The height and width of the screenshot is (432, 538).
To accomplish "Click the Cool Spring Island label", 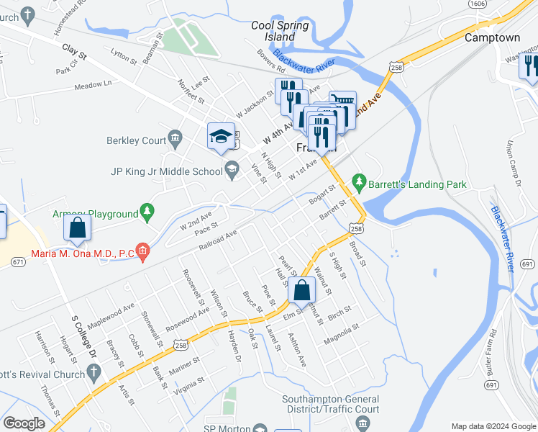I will tap(280, 31).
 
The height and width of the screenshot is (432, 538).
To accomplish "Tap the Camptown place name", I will tap(492, 37).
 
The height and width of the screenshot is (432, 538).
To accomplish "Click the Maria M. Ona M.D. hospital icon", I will tap(144, 252).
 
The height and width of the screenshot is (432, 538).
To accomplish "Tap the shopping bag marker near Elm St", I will tap(302, 291).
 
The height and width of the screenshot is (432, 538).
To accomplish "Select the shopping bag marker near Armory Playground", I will tap(78, 228).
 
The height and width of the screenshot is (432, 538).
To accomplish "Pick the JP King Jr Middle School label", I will tap(167, 171).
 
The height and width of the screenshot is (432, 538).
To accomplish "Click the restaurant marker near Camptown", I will tap(529, 66).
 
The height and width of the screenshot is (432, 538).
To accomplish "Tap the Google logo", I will tap(24, 423).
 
